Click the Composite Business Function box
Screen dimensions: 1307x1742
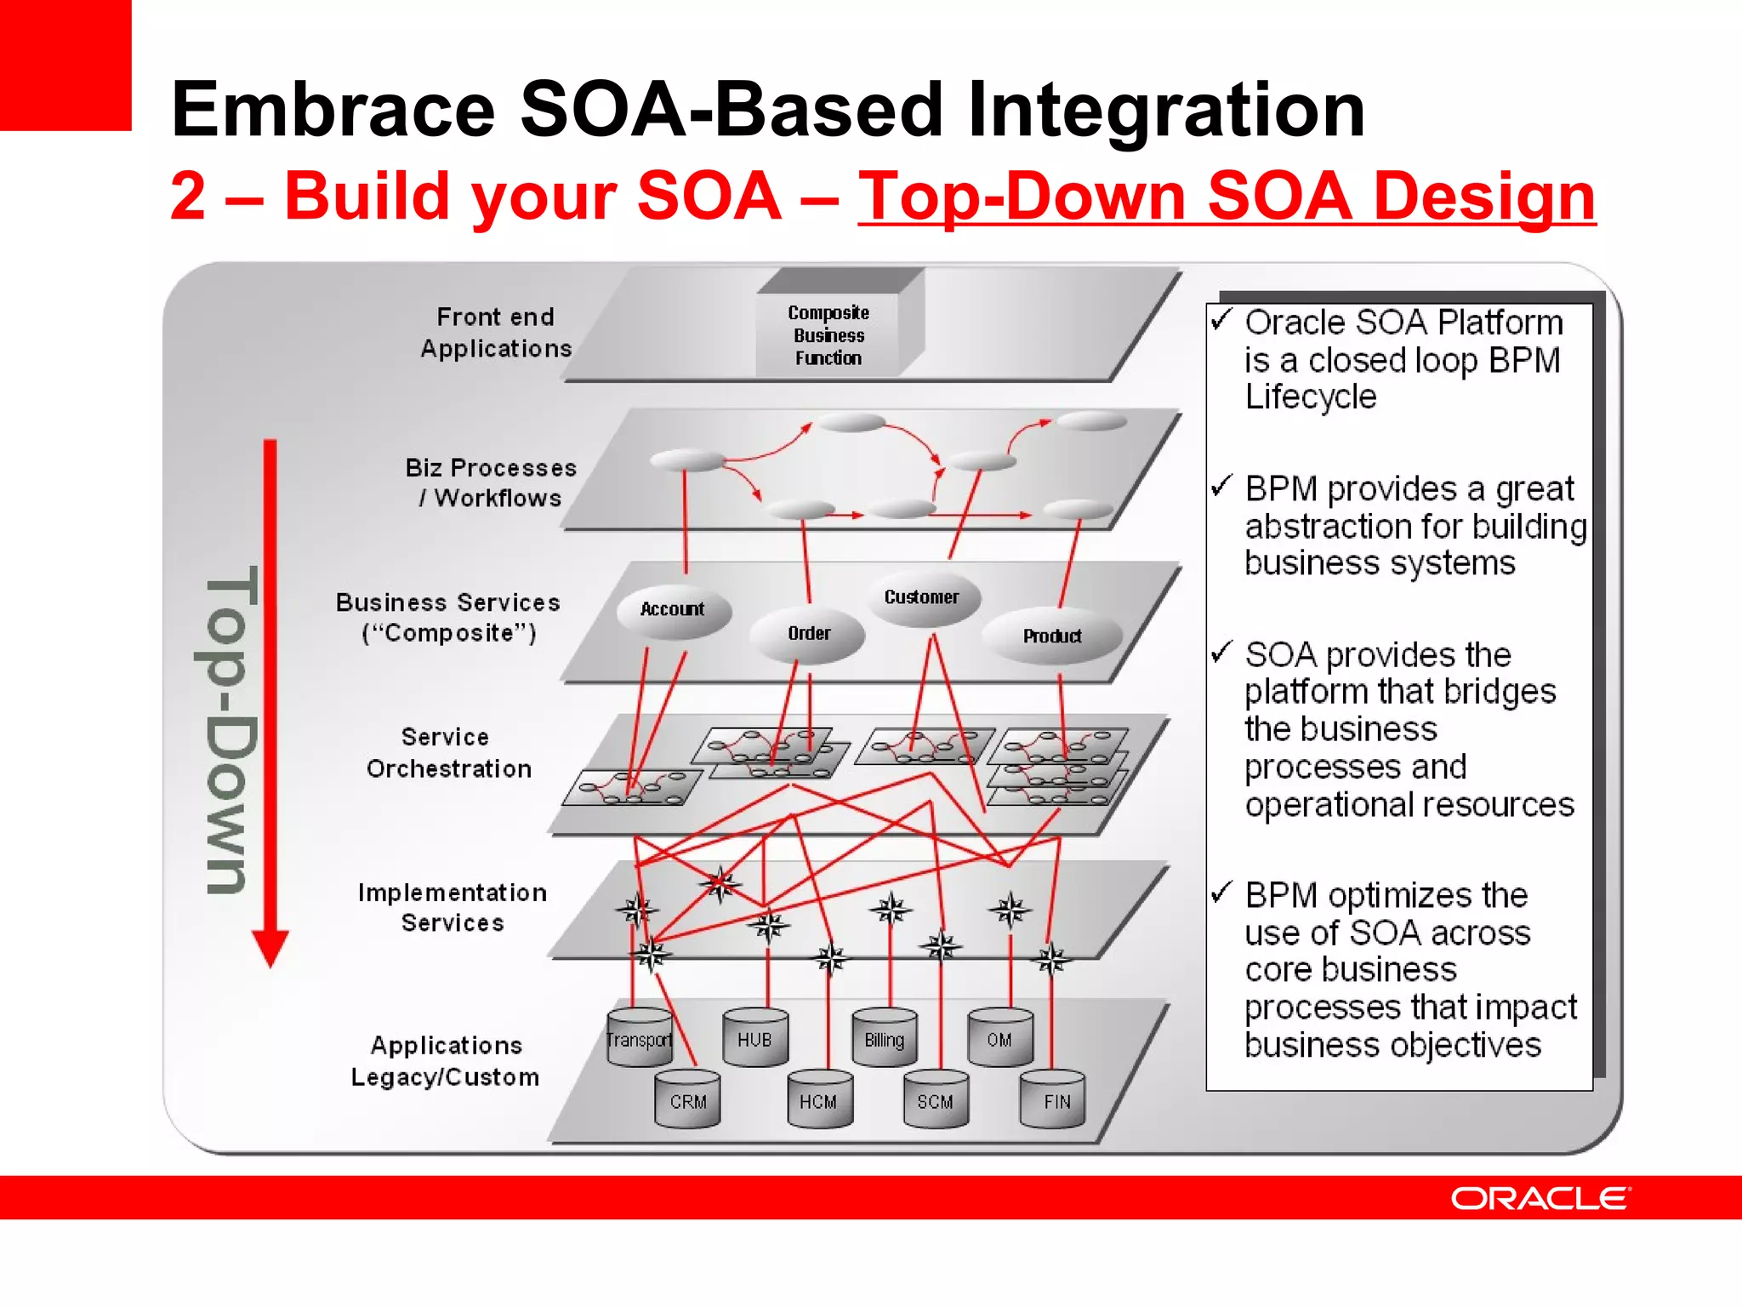[828, 335]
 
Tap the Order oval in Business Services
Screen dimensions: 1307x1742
[808, 634]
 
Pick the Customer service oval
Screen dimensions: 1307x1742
[922, 597]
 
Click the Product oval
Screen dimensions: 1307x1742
[1052, 636]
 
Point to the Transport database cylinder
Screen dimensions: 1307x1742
[639, 1039]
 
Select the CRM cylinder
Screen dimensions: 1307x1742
[687, 1101]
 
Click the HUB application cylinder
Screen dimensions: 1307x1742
[754, 1039]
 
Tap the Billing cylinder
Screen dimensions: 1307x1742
[884, 1039]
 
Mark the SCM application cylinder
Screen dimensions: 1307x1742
[935, 1101]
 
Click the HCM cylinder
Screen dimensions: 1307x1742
[818, 1101]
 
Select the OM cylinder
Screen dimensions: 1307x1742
[1000, 1039]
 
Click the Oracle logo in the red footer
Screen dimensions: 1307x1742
[1540, 1198]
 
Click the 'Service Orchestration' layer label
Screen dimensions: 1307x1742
[448, 752]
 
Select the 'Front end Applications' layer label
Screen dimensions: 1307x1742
[495, 333]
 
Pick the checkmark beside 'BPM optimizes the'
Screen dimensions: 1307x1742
[1222, 893]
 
